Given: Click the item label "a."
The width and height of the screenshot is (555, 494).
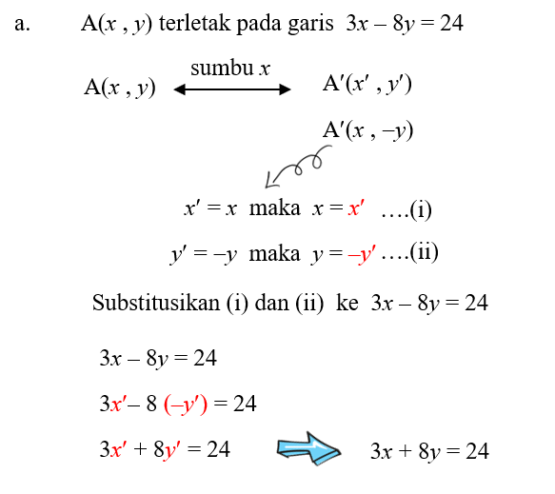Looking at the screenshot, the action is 22,24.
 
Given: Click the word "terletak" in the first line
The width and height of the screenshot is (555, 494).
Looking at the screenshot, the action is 194,24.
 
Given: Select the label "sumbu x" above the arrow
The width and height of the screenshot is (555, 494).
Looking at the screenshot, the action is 230,68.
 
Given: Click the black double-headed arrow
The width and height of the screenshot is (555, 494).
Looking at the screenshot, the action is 232,89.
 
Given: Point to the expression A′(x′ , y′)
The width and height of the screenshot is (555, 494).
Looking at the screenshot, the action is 367,85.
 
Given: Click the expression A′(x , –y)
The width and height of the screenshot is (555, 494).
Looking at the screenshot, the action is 367,130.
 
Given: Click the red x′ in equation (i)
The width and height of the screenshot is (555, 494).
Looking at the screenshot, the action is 356,208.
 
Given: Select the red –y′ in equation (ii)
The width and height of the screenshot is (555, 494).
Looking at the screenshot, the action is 362,254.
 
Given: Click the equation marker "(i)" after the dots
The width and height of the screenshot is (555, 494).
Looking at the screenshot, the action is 421,209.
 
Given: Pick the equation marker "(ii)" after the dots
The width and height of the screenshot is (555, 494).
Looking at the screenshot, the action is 424,252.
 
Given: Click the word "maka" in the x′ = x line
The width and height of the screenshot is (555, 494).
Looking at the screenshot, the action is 275,207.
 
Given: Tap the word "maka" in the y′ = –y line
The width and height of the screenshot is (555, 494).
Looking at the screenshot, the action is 274,254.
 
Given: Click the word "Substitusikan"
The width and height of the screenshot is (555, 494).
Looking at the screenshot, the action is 156,303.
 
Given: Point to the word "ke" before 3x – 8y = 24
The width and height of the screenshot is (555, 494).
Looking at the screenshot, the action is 347,303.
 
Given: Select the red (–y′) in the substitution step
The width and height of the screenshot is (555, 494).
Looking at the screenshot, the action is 186,405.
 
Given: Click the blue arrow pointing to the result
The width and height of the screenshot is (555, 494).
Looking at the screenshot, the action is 308,448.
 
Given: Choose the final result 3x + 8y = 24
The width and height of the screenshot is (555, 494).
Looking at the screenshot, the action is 429,451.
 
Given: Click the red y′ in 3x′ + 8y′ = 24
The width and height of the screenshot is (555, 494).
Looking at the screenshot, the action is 171,450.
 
